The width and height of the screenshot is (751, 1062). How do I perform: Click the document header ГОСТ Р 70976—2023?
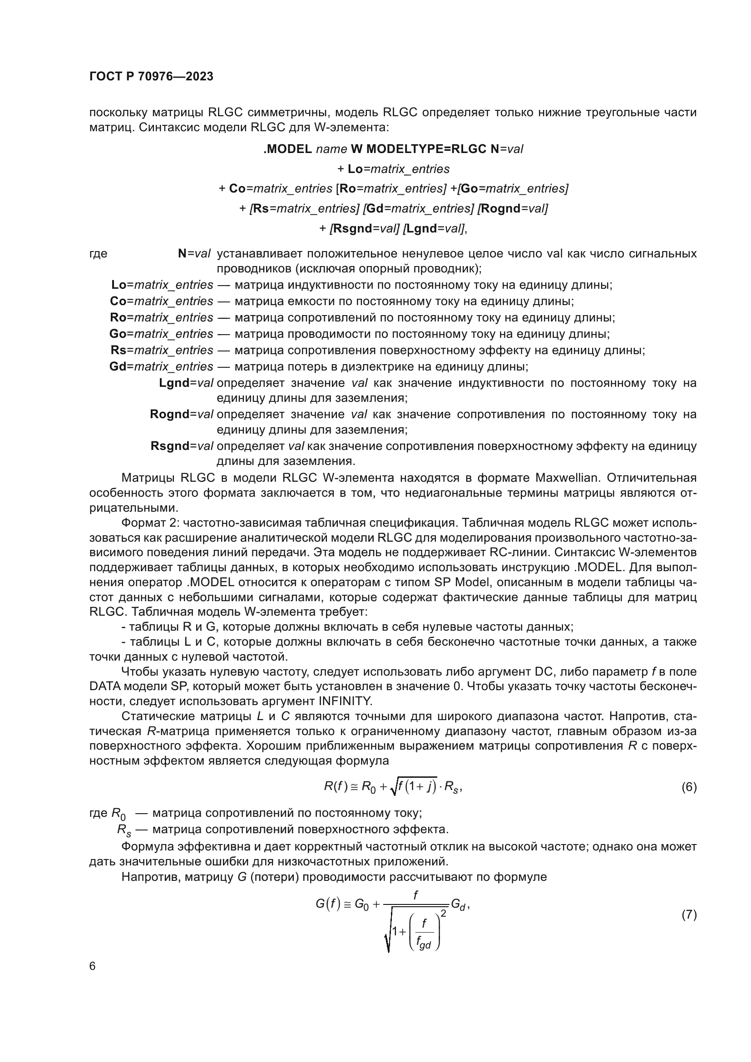tap(151, 77)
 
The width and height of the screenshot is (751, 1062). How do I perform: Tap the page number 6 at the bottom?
tap(93, 966)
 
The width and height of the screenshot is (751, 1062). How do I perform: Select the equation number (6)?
tap(689, 787)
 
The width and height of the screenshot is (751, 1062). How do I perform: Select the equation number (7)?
tap(689, 914)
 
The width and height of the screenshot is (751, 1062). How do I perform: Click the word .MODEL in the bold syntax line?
tap(287, 149)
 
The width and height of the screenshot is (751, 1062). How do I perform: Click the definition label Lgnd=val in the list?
tap(186, 383)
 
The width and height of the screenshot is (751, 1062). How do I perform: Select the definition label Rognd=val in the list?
tap(181, 414)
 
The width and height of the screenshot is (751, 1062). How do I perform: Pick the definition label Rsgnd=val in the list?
tap(182, 446)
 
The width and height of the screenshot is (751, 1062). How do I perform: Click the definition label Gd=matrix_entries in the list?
tap(161, 366)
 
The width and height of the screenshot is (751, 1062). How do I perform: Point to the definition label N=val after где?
tap(194, 253)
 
